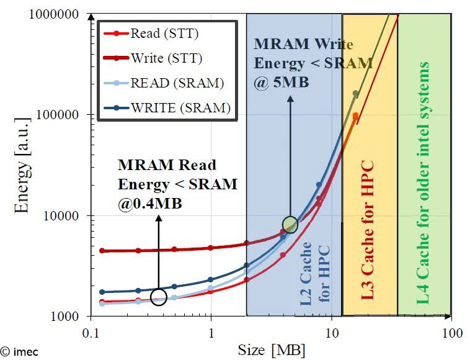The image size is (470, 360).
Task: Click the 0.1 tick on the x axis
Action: point(91,333)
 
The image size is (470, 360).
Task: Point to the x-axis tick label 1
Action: point(211,333)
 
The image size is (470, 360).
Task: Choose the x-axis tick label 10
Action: point(332,333)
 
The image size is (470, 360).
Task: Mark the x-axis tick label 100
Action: point(452,333)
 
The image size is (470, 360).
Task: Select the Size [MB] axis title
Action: point(272,350)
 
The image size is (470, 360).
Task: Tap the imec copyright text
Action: point(19,352)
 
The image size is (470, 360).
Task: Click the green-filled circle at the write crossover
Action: point(290,225)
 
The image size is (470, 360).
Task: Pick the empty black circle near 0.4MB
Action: point(159,297)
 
